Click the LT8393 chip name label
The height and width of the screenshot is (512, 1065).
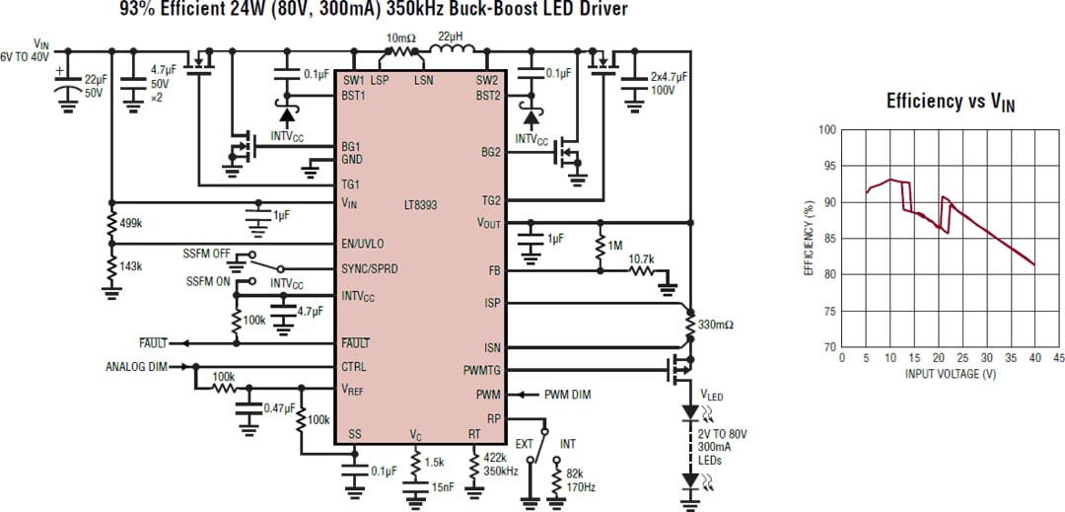[420, 205]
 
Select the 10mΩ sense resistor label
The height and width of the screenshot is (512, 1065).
[401, 37]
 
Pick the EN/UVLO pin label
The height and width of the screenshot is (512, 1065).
[362, 244]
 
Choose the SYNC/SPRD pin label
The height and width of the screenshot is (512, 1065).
[370, 268]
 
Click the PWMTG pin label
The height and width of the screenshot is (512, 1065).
[482, 371]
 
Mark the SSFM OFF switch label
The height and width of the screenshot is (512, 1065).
[207, 254]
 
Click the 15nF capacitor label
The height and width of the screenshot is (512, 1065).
[443, 484]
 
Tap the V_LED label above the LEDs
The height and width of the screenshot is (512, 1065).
[711, 395]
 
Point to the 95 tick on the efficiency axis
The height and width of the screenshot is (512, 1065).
[827, 166]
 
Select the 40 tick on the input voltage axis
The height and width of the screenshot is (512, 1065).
[1033, 357]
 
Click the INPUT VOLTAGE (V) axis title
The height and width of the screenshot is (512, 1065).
[948, 374]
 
